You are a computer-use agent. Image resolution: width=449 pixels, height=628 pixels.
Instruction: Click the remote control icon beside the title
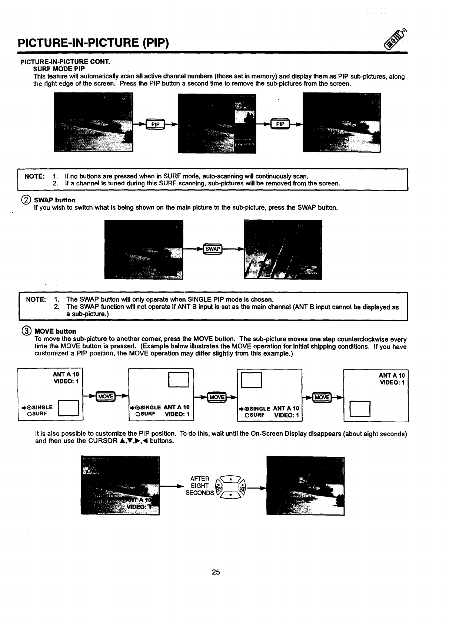395,40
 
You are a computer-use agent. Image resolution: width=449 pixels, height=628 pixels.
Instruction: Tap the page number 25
216,572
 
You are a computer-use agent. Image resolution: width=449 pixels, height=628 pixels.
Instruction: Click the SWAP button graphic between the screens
213,249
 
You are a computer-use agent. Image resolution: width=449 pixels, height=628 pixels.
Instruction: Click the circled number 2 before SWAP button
27,200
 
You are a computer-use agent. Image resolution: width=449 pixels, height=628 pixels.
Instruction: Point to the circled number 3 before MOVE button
27,331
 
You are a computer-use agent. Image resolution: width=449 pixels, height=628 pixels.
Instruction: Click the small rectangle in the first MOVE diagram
70,409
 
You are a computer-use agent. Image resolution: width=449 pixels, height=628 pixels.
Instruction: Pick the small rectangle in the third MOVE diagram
252,380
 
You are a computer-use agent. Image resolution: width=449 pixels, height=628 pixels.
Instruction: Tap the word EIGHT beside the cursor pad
200,486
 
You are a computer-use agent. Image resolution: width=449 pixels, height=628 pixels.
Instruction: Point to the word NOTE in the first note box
34,176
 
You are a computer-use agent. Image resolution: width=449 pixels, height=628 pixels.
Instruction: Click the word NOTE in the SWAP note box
36,299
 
